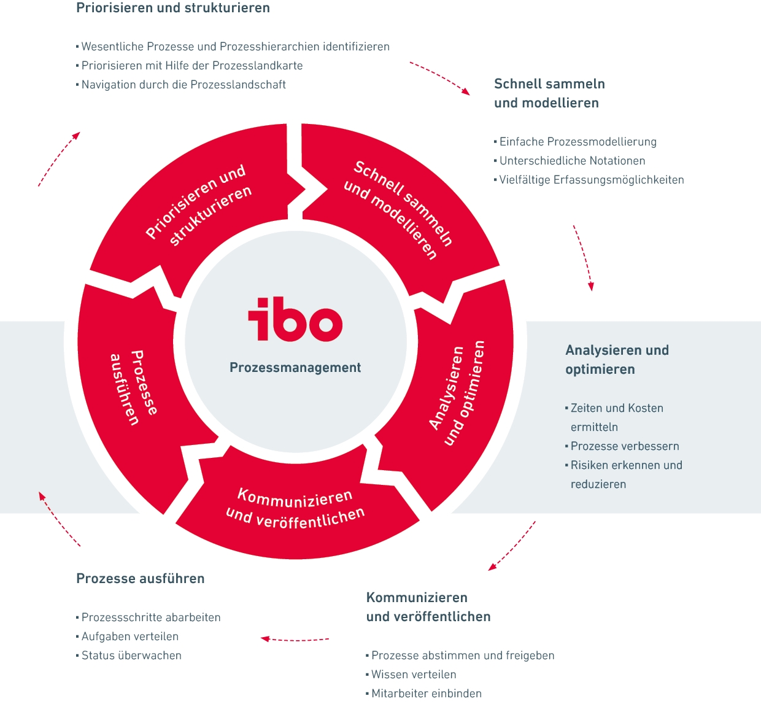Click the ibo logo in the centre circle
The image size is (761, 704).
tap(295, 319)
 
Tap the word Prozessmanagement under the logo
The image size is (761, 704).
tap(295, 368)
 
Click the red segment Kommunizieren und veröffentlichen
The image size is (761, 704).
tap(296, 509)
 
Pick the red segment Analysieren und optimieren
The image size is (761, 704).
tap(457, 393)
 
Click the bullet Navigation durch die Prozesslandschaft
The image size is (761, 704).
tap(183, 85)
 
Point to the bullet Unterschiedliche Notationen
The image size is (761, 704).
tap(572, 161)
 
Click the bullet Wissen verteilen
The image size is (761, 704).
tap(414, 675)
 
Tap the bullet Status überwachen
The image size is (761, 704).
tap(131, 656)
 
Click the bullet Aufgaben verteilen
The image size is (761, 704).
tap(130, 636)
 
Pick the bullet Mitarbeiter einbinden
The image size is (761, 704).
tap(427, 694)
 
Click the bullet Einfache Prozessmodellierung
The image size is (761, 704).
tap(578, 142)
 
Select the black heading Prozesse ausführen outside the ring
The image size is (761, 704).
tap(141, 579)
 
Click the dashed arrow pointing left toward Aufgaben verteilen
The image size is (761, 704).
tap(295, 640)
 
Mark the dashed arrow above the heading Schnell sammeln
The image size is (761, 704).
tap(439, 77)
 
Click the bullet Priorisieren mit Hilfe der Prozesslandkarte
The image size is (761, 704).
tap(192, 66)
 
